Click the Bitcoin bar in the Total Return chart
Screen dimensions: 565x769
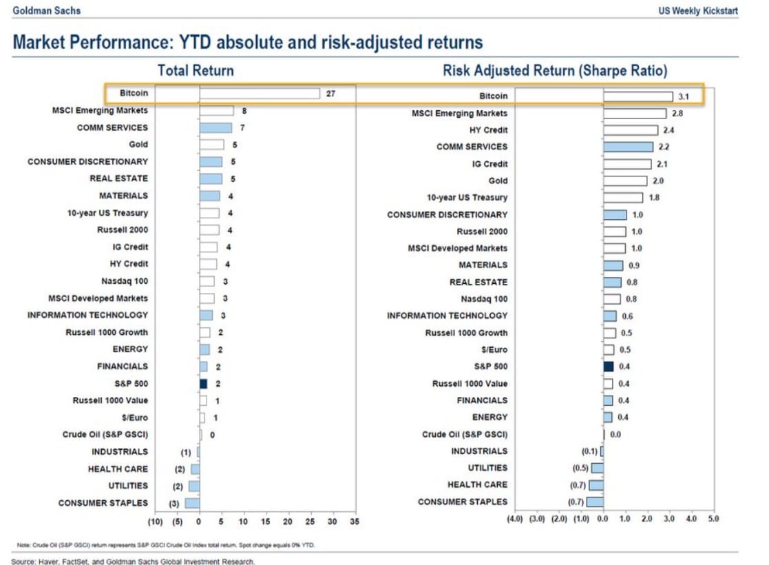point(260,93)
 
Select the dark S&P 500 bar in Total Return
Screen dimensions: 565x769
point(203,384)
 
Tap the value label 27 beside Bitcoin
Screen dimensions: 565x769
point(330,93)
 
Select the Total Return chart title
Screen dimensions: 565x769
point(196,70)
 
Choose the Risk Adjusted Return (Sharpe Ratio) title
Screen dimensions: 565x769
point(555,70)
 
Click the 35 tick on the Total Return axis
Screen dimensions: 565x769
point(355,522)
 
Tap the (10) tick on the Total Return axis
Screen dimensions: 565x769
point(155,522)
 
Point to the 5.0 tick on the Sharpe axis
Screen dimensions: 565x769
point(713,518)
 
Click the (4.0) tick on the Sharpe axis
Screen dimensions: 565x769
point(515,518)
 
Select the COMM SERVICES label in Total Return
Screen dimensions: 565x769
point(112,127)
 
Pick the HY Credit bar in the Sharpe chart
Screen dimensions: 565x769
point(631,130)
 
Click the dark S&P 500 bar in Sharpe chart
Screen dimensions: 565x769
point(609,367)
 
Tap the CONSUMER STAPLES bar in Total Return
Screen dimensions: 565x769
point(192,503)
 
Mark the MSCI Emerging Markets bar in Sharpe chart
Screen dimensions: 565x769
point(635,113)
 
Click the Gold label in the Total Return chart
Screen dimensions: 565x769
point(138,145)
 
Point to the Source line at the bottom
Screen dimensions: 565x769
point(134,562)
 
